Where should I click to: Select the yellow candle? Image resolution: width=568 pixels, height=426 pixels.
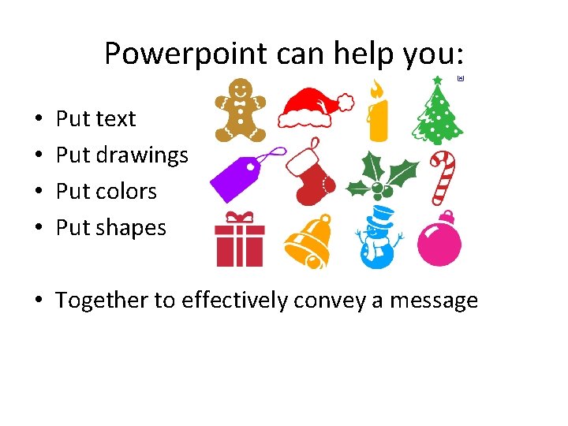378,118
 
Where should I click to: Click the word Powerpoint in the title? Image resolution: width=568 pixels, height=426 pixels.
186,54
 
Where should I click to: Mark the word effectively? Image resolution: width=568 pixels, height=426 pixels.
234,301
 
